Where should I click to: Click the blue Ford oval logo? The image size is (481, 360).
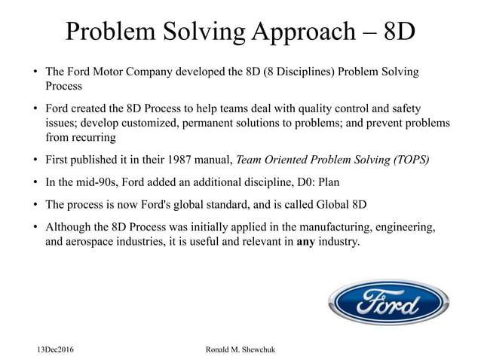click(x=388, y=303)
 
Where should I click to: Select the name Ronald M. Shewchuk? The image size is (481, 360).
click(x=240, y=350)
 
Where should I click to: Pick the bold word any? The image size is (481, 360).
click(x=305, y=244)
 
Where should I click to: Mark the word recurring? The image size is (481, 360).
click(x=92, y=138)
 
